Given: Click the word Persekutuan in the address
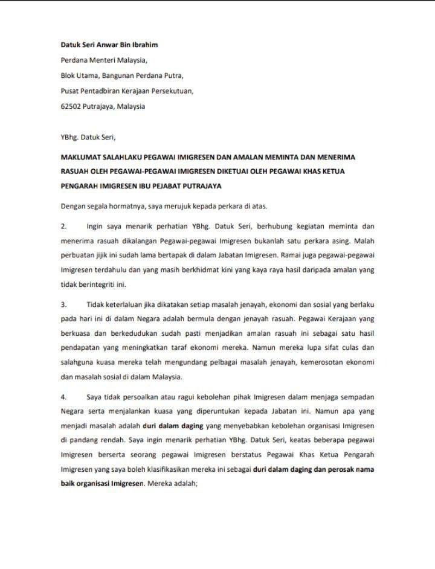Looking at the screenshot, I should (x=173, y=91).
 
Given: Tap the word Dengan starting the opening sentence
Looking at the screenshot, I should (x=73, y=206).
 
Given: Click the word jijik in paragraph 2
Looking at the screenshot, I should (x=100, y=255).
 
